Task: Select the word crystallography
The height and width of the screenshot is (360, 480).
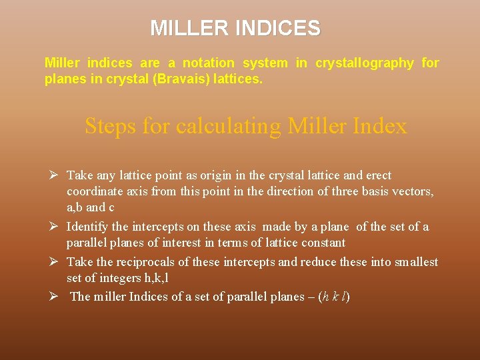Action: (x=365, y=63)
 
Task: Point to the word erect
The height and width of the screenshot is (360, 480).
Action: (x=377, y=175)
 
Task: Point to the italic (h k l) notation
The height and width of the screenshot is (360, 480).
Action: (x=333, y=297)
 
